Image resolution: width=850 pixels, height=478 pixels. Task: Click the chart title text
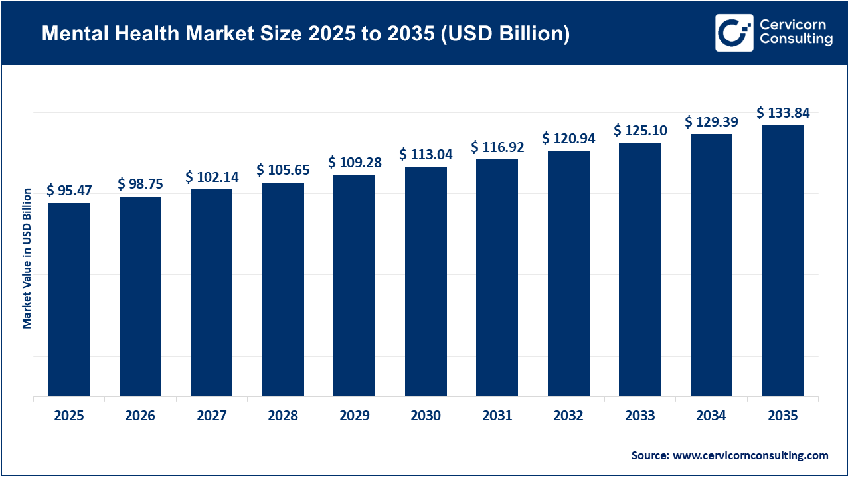[305, 33]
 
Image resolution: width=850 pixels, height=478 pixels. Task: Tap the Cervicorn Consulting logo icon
[734, 33]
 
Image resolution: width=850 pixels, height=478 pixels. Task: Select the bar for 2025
[69, 299]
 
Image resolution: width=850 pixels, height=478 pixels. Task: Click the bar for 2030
[426, 281]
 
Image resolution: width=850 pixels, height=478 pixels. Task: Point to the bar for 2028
[283, 289]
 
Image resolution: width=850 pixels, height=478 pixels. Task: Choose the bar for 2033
[639, 270]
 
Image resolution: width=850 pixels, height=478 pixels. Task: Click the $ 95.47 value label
[69, 191]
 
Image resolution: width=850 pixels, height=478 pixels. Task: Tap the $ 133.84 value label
[783, 113]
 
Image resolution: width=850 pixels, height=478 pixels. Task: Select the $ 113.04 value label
[426, 155]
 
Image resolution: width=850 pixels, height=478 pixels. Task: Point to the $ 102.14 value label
[212, 177]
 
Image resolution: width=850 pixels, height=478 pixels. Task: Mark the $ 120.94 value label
[568, 139]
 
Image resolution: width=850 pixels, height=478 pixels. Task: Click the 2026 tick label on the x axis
[140, 416]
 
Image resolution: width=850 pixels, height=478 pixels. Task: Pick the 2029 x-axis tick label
[354, 416]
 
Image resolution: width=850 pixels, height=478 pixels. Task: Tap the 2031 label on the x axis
[497, 416]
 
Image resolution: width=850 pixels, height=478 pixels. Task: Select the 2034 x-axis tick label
[711, 416]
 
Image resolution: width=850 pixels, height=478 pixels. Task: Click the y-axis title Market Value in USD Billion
[27, 258]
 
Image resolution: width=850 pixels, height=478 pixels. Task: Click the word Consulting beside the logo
[796, 40]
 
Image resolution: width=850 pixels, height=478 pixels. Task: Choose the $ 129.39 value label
[711, 121]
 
